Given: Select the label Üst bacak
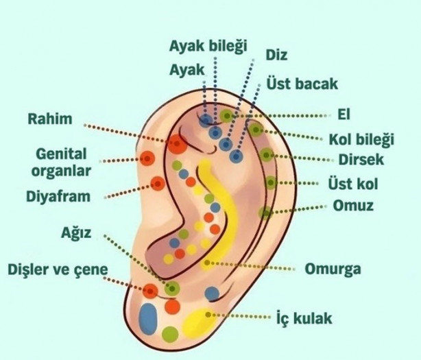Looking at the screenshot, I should click(303, 84).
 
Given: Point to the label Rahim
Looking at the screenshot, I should click(49, 119).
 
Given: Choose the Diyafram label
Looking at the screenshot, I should click(58, 197).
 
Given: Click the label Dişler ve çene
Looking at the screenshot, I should click(58, 269).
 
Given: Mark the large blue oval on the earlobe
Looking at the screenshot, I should click(148, 318).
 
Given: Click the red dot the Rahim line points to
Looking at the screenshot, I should click(177, 144).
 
